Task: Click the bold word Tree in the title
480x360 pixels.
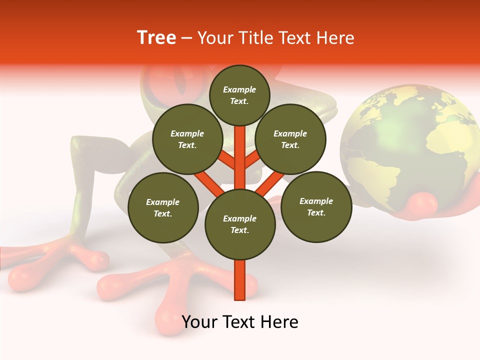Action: tap(156, 38)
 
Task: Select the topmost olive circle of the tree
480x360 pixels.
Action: tap(239, 95)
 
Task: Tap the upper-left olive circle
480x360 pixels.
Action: tap(187, 139)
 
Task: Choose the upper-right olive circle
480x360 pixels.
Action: tap(290, 139)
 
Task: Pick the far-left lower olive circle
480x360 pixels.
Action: tap(163, 208)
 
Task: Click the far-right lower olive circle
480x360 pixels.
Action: tap(316, 207)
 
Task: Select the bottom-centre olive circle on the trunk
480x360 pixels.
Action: tap(240, 224)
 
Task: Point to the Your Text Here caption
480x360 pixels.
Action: tap(240, 322)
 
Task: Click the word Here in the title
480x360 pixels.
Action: tap(335, 38)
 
